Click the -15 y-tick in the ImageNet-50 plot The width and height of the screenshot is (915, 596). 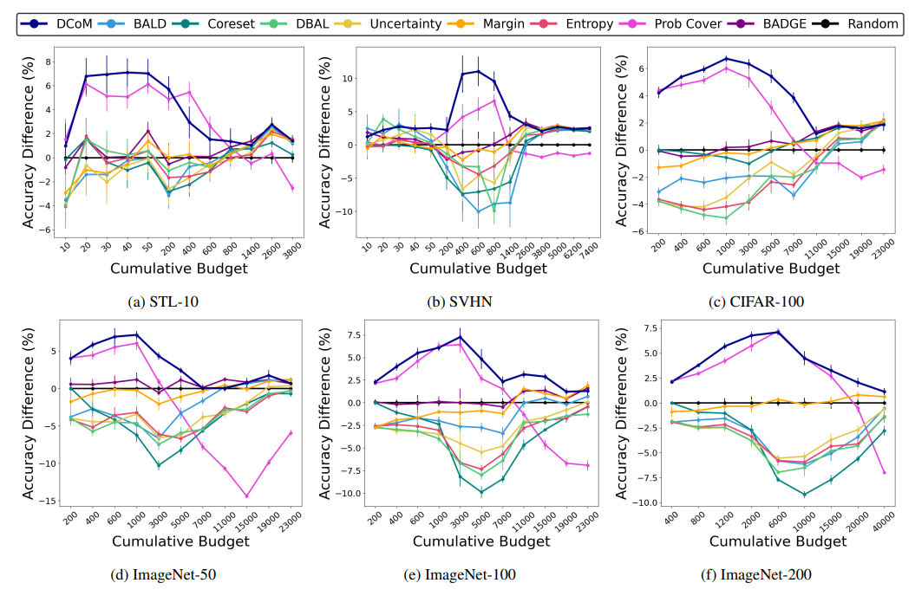(49, 502)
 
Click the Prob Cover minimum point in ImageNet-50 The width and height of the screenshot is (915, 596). (246, 496)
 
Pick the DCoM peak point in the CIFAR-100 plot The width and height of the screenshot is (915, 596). (725, 58)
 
